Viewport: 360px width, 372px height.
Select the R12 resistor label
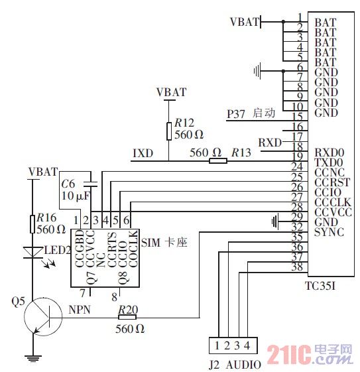[x=184, y=123]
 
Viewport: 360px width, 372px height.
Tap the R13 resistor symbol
[x=215, y=160]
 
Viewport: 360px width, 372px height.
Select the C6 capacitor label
[x=68, y=184]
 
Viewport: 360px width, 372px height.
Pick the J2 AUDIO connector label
[x=229, y=363]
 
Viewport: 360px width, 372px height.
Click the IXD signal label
[x=143, y=153]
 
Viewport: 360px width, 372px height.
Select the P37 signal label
[x=236, y=113]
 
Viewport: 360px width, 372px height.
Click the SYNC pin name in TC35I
[x=330, y=233]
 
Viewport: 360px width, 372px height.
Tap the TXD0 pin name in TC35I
[x=330, y=161]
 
